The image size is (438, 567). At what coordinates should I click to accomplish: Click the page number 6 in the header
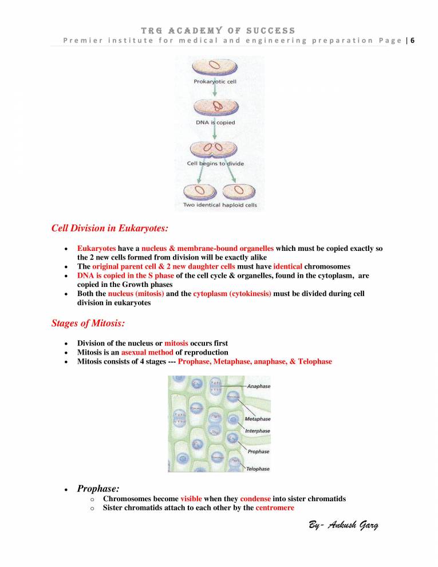413,40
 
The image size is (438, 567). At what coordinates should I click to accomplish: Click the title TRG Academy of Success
219,30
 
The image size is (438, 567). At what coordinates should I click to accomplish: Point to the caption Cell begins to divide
215,163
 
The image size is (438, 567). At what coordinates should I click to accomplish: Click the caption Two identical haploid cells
220,204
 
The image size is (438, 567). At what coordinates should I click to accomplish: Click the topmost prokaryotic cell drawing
212,66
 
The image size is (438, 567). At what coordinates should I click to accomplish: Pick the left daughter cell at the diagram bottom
197,190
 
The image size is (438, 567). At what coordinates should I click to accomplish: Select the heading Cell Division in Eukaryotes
110,229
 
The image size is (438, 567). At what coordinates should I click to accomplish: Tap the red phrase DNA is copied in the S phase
126,275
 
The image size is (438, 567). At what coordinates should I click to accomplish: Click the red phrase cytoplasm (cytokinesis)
232,293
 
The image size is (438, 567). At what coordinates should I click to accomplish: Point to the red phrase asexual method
147,352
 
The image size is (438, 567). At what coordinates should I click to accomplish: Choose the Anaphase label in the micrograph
258,386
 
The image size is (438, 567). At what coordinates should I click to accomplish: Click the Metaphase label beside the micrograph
258,419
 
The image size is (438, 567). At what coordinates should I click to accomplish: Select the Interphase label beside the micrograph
258,431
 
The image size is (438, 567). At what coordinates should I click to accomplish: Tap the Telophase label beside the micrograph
258,468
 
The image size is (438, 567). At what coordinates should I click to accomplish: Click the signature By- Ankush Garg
339,526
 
